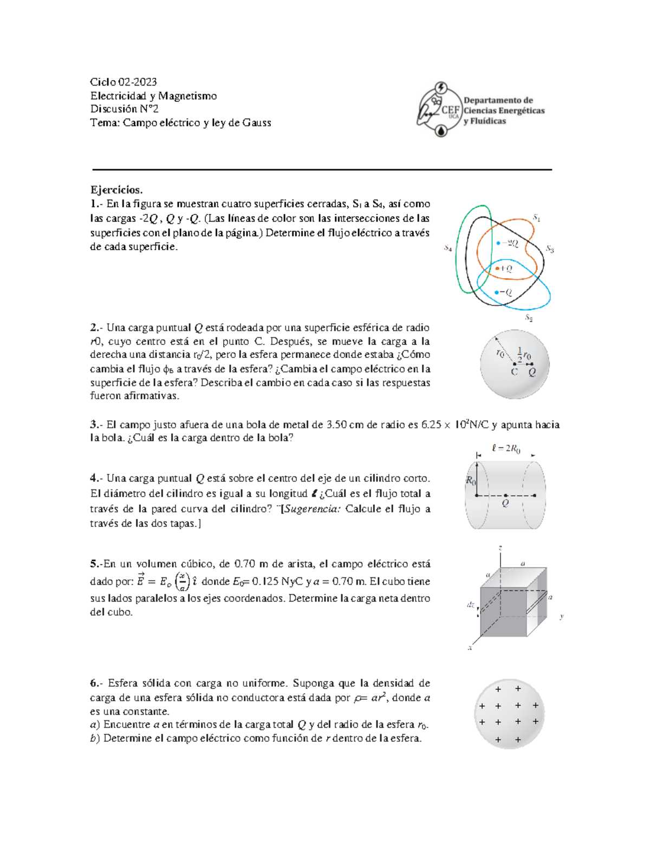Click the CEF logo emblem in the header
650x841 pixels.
coord(440,110)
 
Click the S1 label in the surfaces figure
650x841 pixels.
coord(536,218)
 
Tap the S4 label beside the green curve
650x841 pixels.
coord(448,248)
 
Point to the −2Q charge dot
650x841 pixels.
coord(498,244)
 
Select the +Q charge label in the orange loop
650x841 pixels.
coord(505,268)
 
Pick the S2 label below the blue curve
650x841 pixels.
coord(529,318)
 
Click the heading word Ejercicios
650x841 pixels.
coord(116,190)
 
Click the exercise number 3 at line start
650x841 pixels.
coord(94,425)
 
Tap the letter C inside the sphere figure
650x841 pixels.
coord(514,372)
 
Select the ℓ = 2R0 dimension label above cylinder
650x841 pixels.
coord(506,448)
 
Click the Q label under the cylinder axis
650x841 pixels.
coord(505,504)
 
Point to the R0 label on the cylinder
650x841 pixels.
coord(471,480)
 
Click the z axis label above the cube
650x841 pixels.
coord(500,548)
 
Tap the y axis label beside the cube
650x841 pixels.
coord(562,616)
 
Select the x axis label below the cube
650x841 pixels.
coord(470,647)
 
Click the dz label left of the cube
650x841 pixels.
coord(470,604)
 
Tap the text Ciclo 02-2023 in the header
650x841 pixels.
coord(123,82)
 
